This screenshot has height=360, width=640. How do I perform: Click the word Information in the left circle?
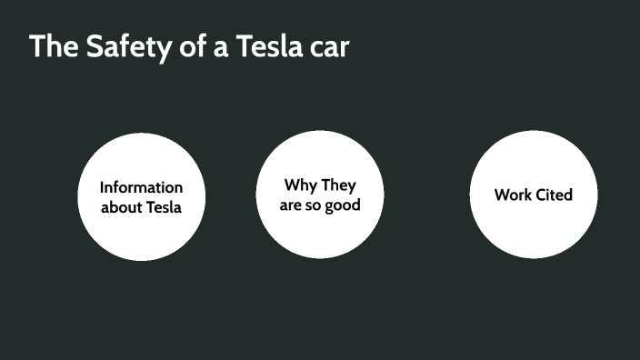point(141,187)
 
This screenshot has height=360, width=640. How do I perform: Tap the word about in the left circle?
point(123,207)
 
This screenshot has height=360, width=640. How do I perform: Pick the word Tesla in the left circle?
point(165,207)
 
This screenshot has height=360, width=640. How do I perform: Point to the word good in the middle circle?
point(343,205)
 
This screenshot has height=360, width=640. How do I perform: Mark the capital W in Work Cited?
point(502,195)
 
